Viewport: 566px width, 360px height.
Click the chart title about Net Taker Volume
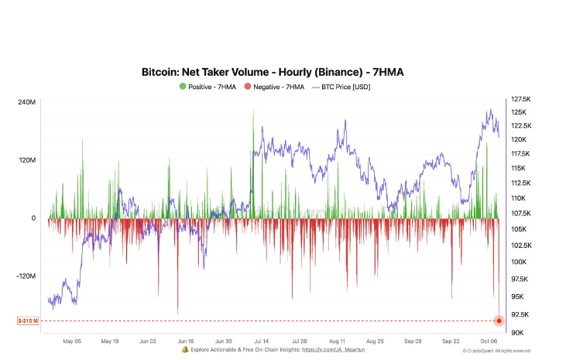[x=272, y=72]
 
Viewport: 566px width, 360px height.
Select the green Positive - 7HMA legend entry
[x=208, y=87]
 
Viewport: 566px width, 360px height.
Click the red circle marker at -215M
[x=499, y=321]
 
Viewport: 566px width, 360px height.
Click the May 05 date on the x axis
[x=72, y=341]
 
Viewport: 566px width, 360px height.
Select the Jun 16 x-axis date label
[x=185, y=341]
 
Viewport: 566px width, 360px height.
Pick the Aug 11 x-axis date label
[x=338, y=341]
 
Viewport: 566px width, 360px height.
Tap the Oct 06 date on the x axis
[x=489, y=341]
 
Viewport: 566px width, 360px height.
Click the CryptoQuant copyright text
[x=496, y=351]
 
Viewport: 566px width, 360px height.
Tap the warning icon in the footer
[x=184, y=350]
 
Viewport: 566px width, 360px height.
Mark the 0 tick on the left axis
[x=33, y=218]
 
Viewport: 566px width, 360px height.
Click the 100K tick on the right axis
[x=518, y=262]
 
